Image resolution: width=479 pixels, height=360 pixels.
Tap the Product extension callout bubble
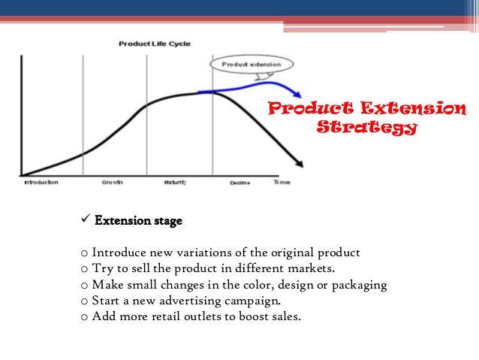tap(252, 65)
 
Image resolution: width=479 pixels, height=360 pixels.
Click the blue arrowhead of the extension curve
tap(297, 95)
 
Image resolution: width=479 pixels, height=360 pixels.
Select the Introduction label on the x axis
tap(41, 183)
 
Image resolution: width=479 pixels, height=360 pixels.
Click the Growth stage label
tap(113, 183)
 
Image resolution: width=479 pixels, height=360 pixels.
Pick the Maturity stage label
tap(175, 183)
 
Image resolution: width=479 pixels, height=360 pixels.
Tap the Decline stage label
tap(240, 183)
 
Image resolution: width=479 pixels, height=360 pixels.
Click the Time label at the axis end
tap(282, 183)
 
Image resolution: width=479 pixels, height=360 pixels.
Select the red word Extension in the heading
tap(417, 109)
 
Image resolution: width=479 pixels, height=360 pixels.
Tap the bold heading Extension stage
tap(138, 221)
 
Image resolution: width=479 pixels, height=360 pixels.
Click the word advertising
tap(187, 301)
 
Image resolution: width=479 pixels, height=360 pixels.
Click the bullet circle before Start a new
tap(83, 301)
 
